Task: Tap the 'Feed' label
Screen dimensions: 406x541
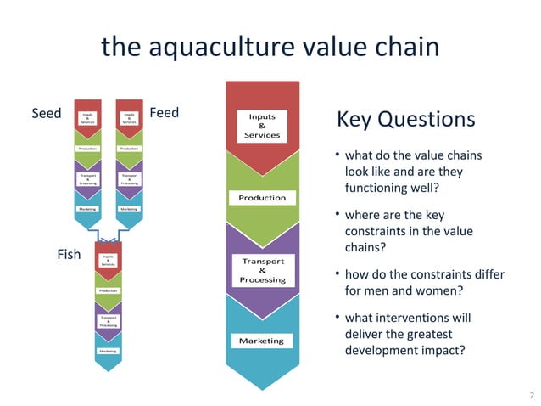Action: pos(164,112)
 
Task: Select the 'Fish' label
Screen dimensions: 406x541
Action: pos(69,254)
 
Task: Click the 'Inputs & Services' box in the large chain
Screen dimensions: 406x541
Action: pos(262,125)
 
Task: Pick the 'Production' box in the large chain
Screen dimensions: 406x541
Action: pos(262,197)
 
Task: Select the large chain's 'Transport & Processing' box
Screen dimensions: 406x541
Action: pos(262,270)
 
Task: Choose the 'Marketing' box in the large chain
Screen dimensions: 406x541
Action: pos(261,341)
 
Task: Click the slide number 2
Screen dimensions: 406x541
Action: pos(530,396)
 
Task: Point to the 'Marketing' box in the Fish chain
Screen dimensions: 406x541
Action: pos(108,350)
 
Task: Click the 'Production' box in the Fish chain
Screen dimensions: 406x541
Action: pos(108,290)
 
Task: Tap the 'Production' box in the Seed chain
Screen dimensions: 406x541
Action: pos(88,149)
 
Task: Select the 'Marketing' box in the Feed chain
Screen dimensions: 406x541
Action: pos(129,208)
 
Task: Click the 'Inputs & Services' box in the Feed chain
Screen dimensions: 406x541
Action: pos(129,118)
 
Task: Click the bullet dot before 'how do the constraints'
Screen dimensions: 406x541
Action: pos(337,275)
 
